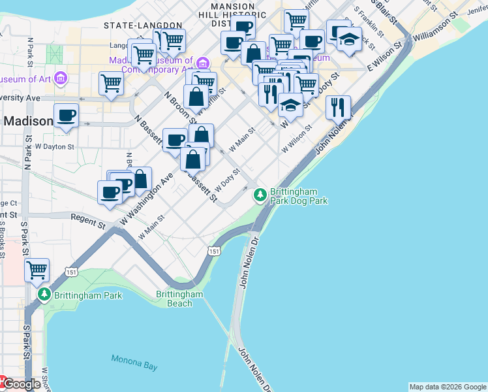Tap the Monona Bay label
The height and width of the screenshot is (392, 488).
[x=134, y=363]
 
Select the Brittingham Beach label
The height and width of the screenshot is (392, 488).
[x=179, y=299]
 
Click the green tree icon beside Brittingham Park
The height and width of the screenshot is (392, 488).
[x=44, y=295]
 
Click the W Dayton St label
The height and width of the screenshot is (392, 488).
[x=55, y=147]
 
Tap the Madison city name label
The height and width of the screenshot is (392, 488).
[x=29, y=122]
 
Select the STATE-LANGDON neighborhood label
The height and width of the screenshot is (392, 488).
[x=143, y=25]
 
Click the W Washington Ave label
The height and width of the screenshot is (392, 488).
[x=147, y=197]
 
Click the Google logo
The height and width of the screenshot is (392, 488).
[x=22, y=384]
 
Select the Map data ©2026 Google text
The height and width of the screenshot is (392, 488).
[x=448, y=387]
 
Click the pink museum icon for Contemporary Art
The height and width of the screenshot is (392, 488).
[x=204, y=63]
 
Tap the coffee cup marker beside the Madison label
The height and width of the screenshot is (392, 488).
[x=66, y=116]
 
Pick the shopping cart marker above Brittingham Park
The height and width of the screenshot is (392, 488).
[x=37, y=269]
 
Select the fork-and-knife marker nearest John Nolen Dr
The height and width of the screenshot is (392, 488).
[x=337, y=106]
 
